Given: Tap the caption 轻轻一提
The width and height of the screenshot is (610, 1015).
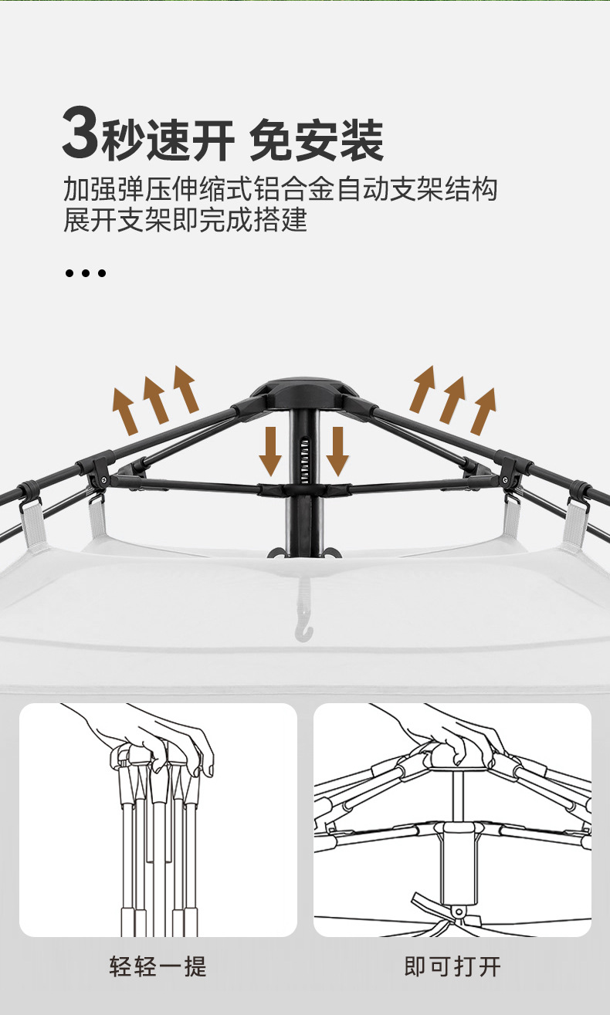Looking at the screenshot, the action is point(158,966).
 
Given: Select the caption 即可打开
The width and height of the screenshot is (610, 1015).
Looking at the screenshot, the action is point(452,966).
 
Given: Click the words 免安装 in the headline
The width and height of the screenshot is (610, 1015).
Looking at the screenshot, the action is point(317,140).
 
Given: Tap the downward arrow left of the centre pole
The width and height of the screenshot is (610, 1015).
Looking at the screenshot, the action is point(270,451).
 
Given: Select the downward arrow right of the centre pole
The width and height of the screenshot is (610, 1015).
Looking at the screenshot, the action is point(337,451).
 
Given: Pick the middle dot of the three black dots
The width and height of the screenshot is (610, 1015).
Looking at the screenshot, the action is point(85,273).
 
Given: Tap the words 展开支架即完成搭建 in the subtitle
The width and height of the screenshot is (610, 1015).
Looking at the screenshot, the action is point(185,221).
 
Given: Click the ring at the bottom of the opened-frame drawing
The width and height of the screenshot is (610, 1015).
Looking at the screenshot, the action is point(459,912).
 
